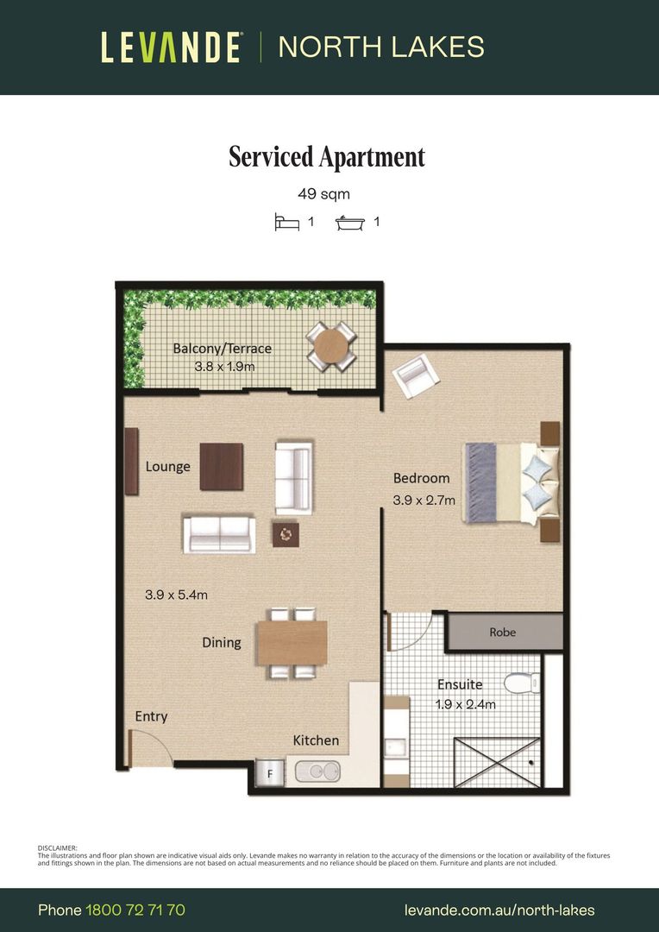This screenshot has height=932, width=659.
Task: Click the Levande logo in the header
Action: (171, 47)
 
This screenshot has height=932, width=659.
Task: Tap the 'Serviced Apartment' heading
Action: (327, 158)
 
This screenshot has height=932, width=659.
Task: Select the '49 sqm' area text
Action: (323, 194)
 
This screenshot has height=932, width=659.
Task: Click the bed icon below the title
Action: (287, 223)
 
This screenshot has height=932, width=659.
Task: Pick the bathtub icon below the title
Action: (350, 223)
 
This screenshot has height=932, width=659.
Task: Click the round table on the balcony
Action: (331, 347)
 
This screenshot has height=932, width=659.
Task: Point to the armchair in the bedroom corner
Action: (416, 375)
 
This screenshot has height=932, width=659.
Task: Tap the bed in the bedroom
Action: (512, 482)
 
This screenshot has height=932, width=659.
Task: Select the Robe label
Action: (503, 633)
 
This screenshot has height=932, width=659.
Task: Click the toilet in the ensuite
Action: (523, 683)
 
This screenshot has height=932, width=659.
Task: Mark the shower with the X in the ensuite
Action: (498, 763)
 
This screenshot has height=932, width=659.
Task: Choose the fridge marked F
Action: (270, 773)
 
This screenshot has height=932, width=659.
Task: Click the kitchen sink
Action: (318, 771)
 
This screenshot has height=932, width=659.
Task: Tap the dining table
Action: (292, 643)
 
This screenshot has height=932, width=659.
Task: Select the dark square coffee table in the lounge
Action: (221, 467)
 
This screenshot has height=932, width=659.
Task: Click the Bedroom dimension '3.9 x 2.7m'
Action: (424, 501)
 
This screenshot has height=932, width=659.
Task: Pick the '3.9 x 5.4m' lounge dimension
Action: (177, 595)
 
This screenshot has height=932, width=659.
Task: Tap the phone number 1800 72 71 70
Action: (135, 910)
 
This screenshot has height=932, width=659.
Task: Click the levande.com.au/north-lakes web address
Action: (499, 910)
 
